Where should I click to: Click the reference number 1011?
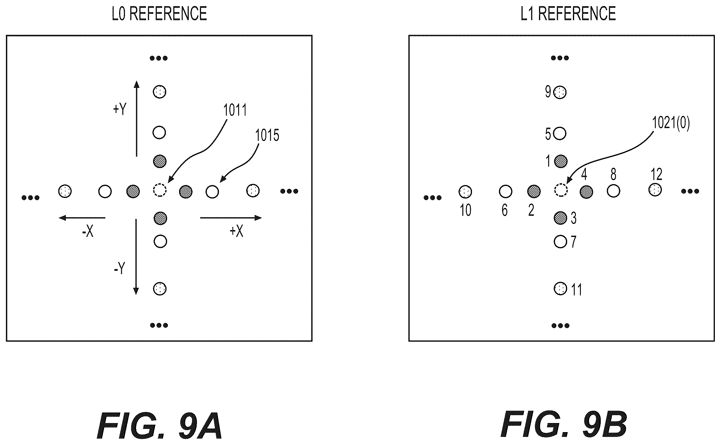coord(235,110)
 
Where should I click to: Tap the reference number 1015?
coord(267,135)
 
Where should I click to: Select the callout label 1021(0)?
coord(671,123)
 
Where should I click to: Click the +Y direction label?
coord(120,109)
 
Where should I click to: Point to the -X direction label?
coord(88,232)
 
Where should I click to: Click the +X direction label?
coord(236,231)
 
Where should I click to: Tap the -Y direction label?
coord(120,268)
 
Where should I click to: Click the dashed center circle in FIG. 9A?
coord(160,190)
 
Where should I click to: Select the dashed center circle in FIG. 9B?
coord(561,190)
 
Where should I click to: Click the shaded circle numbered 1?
coord(561,161)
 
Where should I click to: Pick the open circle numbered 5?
coord(559,133)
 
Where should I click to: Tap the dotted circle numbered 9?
coord(560,93)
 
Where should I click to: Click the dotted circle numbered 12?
coord(655,190)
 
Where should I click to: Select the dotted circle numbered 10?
coord(465,192)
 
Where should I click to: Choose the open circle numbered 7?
coord(560,242)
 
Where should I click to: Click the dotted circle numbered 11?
coord(560,289)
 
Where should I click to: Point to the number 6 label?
coord(505,210)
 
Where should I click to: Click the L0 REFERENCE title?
coord(159,13)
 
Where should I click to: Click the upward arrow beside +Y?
coord(136,119)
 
